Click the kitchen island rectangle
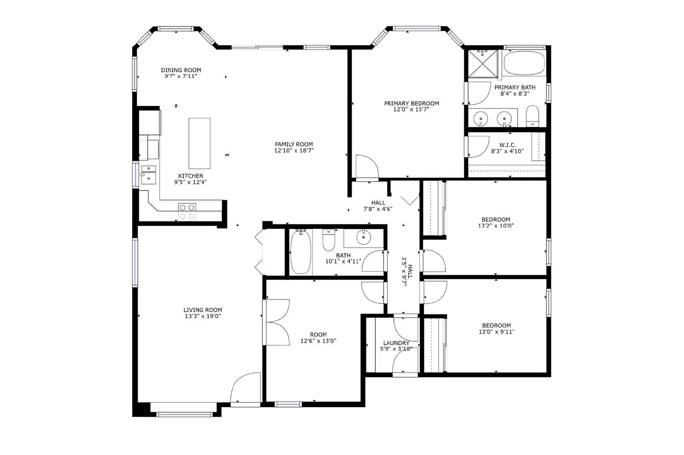(x=199, y=143)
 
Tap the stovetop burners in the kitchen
(x=187, y=211)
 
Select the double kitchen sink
(x=148, y=174)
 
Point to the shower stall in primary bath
(x=483, y=64)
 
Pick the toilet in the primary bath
(x=532, y=116)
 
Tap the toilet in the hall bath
(x=328, y=241)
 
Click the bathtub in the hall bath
(x=301, y=252)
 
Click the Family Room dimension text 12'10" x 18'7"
(x=294, y=150)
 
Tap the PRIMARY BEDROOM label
(x=411, y=103)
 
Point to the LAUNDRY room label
(x=396, y=343)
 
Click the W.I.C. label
(x=507, y=145)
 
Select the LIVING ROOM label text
(x=203, y=310)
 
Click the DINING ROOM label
(x=181, y=70)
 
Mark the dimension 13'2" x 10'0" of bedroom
(x=495, y=226)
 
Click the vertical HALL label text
(x=410, y=271)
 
